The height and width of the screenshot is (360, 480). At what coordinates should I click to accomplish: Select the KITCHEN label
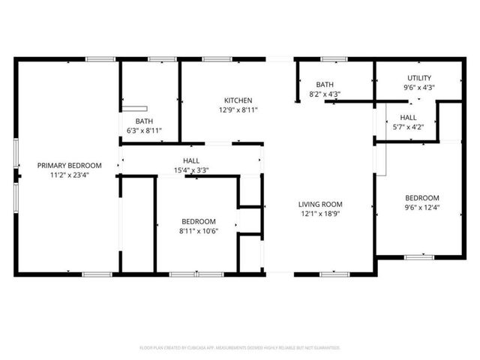tap(238, 100)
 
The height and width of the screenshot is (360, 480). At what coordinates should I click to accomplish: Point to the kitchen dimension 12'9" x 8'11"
tap(238, 109)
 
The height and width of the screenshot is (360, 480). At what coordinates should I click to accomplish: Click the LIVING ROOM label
tap(320, 204)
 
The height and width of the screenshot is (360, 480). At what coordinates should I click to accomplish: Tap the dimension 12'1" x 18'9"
tap(320, 213)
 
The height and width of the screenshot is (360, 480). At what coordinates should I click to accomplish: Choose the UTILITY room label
tap(419, 78)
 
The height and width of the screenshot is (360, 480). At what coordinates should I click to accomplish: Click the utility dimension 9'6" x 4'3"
tap(419, 87)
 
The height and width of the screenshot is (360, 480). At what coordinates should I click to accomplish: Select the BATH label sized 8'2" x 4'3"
tap(325, 85)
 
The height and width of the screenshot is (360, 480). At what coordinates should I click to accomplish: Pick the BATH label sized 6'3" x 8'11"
tap(144, 121)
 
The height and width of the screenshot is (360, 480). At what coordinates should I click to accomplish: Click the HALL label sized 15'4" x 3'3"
tap(191, 161)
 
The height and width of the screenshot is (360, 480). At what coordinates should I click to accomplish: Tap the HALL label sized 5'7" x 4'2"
tap(408, 118)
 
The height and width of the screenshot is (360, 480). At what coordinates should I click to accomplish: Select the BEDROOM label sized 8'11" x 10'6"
tap(199, 221)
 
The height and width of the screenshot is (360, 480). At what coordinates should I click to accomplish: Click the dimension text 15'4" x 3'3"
tap(191, 170)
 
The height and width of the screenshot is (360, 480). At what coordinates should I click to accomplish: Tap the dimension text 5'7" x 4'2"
tap(408, 127)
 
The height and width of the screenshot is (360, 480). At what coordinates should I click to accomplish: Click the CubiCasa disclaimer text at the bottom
tap(240, 348)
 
